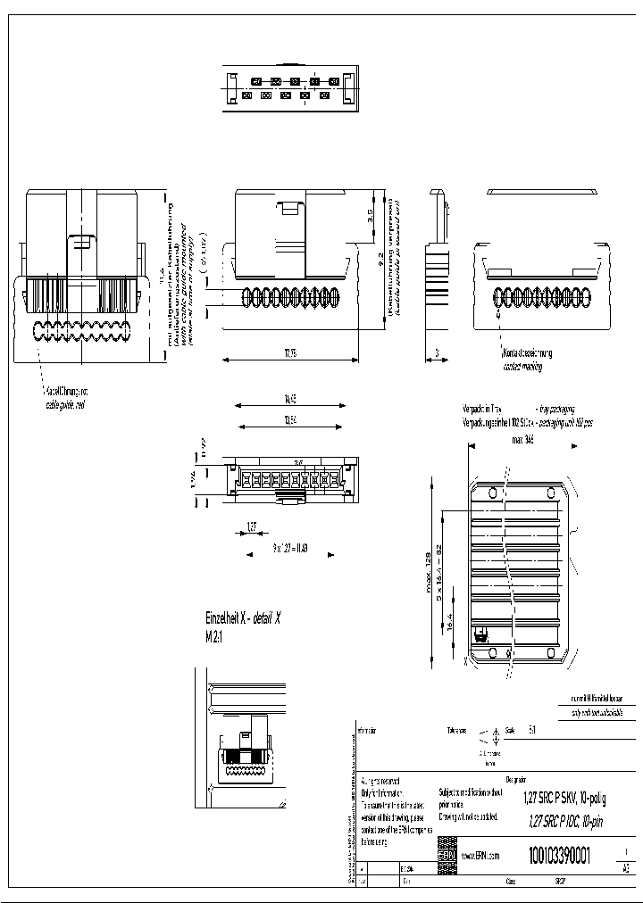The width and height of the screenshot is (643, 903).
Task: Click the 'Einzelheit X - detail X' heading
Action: tap(243, 618)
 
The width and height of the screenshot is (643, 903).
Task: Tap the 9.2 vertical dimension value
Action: tap(380, 258)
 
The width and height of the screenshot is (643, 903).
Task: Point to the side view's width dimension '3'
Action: tap(437, 352)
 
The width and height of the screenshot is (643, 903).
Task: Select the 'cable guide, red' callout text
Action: tap(67, 403)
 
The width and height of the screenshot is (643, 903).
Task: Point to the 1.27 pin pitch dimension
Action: tap(252, 527)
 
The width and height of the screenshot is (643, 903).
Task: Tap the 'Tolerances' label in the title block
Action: tap(457, 730)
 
